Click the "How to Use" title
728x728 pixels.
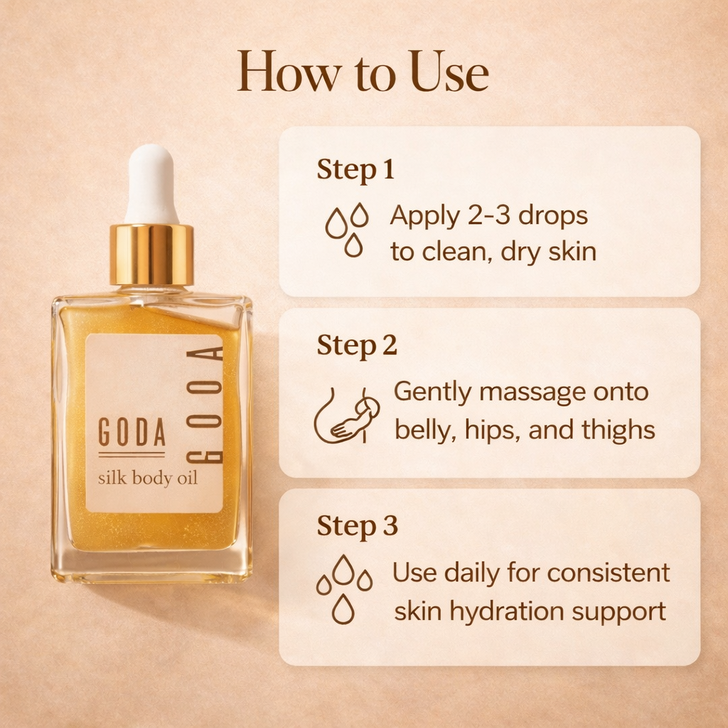(x=363, y=72)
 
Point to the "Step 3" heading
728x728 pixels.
(x=357, y=526)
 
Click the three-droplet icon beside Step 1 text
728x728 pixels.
(x=347, y=229)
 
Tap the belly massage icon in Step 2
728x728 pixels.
(x=347, y=416)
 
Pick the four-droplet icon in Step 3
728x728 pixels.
(x=344, y=589)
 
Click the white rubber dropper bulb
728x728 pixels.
(x=151, y=183)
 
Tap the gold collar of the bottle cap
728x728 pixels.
(x=151, y=255)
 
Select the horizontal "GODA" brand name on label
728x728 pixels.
(x=132, y=433)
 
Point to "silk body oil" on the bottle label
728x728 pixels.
(x=148, y=478)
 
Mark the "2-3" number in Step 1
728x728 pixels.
(x=489, y=215)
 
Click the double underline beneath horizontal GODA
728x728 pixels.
(x=132, y=454)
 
